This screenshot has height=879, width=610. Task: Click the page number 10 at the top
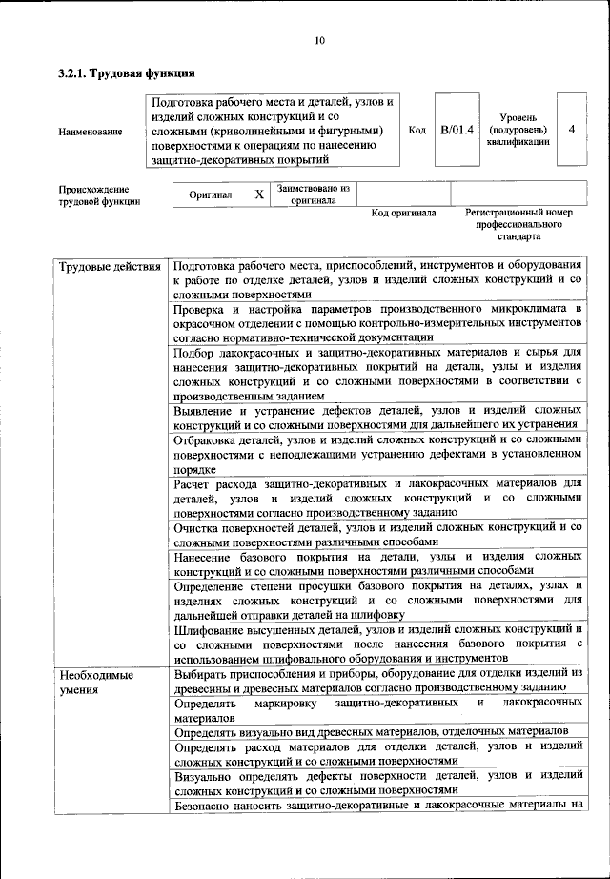[319, 40]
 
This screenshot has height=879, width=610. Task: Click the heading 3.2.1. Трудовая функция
[127, 72]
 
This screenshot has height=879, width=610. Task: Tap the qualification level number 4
[570, 130]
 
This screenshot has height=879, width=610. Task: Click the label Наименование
[90, 131]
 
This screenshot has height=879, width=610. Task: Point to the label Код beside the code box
[416, 130]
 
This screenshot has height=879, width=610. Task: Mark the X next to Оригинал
[258, 194]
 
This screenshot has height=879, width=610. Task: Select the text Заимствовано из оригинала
[314, 194]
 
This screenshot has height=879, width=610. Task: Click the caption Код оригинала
[403, 213]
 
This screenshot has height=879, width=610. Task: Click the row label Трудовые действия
[110, 265]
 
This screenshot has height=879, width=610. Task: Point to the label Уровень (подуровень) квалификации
[517, 129]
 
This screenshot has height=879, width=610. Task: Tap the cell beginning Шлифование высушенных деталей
[377, 644]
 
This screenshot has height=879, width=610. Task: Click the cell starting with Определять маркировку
[377, 708]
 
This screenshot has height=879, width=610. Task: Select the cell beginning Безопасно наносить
[377, 806]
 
